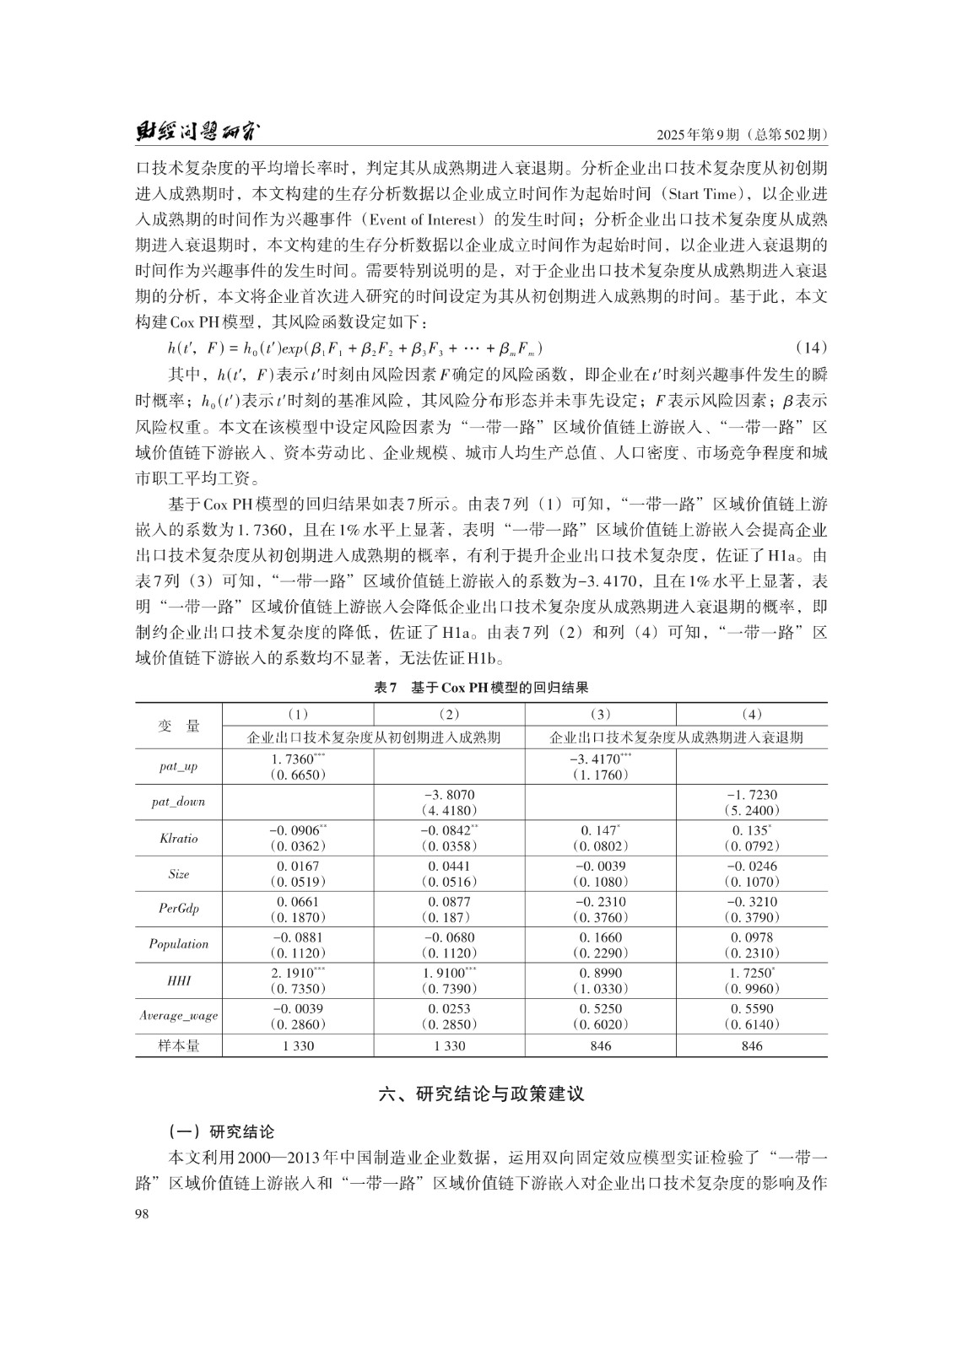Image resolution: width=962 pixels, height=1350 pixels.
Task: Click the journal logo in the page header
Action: (x=197, y=132)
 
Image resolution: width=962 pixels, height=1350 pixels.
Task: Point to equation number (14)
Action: (x=811, y=348)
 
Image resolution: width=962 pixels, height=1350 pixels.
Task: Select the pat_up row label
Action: (x=178, y=767)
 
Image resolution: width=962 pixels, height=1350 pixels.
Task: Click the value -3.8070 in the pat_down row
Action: (x=449, y=795)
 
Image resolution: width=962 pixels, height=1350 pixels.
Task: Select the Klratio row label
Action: (x=178, y=839)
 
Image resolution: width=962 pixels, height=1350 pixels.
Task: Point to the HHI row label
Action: (x=178, y=981)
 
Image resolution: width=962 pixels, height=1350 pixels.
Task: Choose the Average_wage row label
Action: (x=178, y=1017)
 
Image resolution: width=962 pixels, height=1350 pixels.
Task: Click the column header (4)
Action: (x=751, y=714)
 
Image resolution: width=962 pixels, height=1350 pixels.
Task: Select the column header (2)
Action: (x=449, y=714)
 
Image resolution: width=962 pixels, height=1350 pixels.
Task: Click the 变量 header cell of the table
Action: (x=178, y=726)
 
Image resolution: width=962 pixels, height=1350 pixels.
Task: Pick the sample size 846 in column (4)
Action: (x=751, y=1046)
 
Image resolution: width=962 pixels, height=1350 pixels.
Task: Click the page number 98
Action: (x=143, y=1213)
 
